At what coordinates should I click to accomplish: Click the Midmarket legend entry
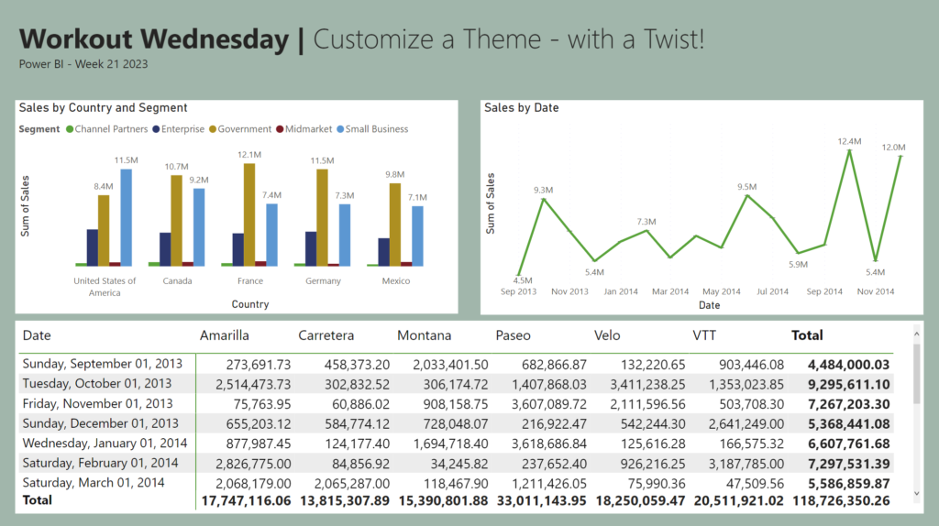point(308,129)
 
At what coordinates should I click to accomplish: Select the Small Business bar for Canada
point(199,226)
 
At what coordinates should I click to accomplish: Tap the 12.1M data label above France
point(249,155)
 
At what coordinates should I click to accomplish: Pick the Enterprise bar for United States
point(92,247)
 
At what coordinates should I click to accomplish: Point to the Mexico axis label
point(396,281)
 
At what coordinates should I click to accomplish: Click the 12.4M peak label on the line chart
point(849,142)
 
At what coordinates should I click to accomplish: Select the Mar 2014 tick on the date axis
point(670,291)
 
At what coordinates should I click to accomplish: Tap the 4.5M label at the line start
point(523,280)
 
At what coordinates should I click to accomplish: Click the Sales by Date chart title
point(521,108)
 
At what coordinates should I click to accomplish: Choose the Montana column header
point(424,335)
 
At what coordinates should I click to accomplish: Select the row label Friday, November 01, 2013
point(97,403)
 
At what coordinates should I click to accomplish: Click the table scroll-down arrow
point(914,493)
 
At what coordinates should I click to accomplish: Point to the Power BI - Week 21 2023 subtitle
point(83,65)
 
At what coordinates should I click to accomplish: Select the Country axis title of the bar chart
point(250,304)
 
